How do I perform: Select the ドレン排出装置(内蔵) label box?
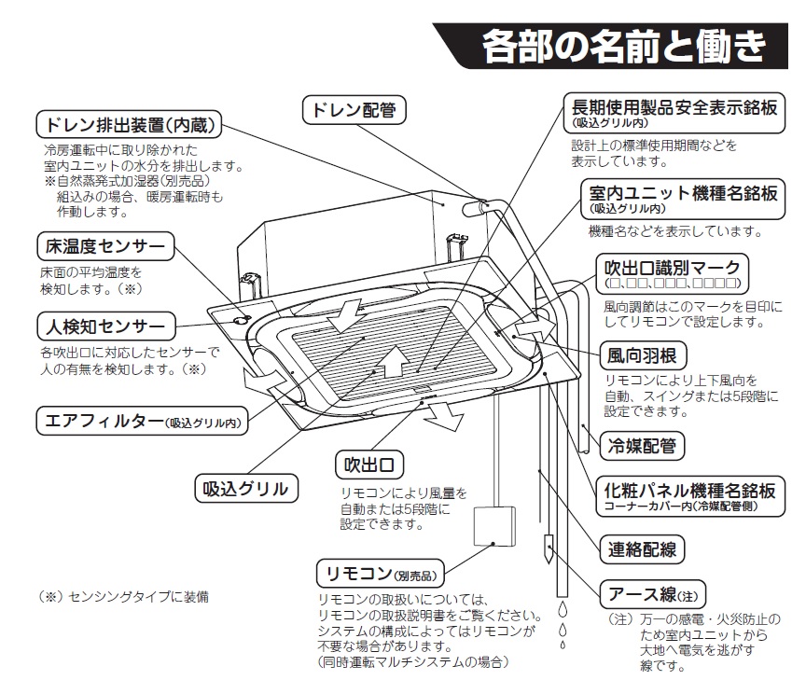point(130,123)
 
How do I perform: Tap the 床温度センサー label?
point(104,247)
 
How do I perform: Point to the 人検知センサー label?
point(105,326)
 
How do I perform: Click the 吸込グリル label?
point(246,487)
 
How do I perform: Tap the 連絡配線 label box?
point(642,548)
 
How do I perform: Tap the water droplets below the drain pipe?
point(562,625)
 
